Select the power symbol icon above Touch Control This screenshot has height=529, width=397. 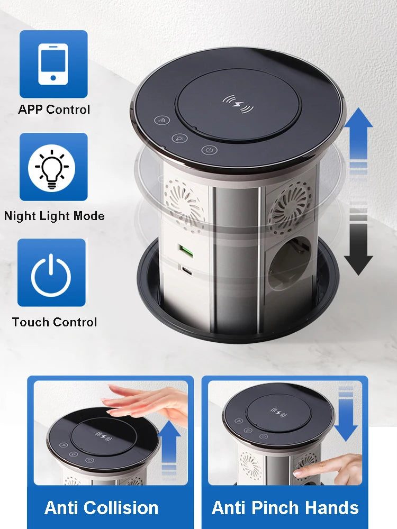51,273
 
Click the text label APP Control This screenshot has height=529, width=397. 54,110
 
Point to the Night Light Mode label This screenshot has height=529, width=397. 54,216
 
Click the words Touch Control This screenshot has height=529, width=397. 55,322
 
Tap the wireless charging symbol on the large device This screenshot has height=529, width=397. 238,103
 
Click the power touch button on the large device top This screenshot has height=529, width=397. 210,150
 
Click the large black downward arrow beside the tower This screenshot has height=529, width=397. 358,249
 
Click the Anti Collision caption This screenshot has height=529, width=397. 101,508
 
